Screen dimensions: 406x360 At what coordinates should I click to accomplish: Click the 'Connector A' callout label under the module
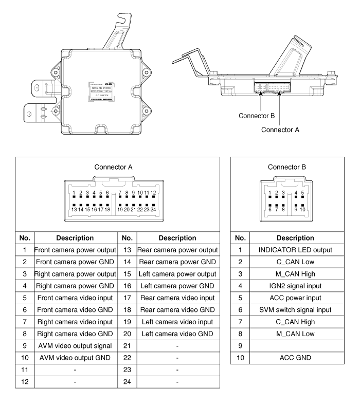click(280, 130)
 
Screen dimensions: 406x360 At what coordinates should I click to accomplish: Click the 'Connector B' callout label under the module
click(258, 116)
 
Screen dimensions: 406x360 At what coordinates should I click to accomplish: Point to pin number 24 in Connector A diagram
click(153, 210)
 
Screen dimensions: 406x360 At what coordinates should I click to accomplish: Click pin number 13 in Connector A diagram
click(75, 210)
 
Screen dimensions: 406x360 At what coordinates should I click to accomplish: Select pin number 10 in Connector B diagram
click(303, 210)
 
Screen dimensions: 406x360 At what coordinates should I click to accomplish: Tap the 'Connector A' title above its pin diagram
click(114, 167)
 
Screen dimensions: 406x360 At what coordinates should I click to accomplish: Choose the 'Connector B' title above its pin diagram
click(286, 167)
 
